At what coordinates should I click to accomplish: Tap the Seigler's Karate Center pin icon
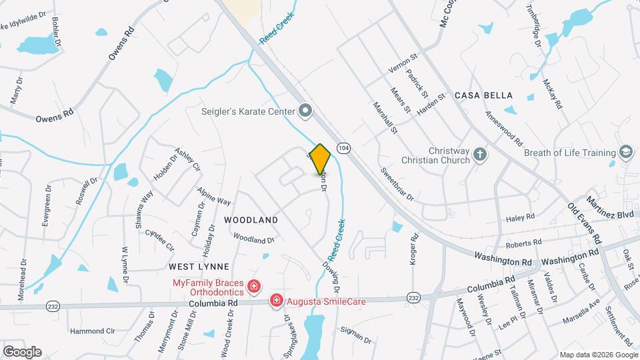(x=305, y=111)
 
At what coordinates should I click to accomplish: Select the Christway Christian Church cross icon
(x=479, y=156)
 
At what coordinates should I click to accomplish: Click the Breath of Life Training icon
(x=625, y=153)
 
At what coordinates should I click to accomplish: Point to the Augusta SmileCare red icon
(x=275, y=301)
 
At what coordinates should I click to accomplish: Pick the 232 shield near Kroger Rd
(x=413, y=297)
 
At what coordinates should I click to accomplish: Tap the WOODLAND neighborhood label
(x=251, y=219)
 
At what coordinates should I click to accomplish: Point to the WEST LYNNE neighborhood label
(x=194, y=267)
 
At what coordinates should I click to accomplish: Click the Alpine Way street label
(x=213, y=196)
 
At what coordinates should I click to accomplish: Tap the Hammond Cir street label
(x=93, y=331)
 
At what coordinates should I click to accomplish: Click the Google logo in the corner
(x=22, y=352)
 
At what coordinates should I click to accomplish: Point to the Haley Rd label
(x=521, y=217)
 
